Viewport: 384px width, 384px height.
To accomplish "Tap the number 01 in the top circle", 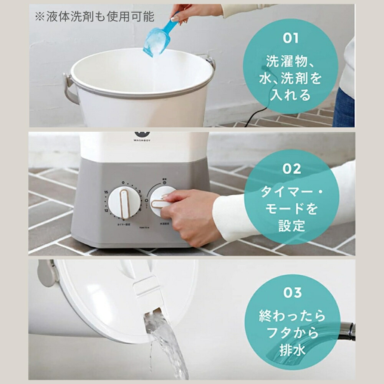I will pos(290,38).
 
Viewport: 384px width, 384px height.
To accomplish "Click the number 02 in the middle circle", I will pos(291,169).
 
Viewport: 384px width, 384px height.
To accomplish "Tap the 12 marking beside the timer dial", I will pos(106,210).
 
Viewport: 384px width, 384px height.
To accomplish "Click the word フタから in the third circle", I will pos(292,333).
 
